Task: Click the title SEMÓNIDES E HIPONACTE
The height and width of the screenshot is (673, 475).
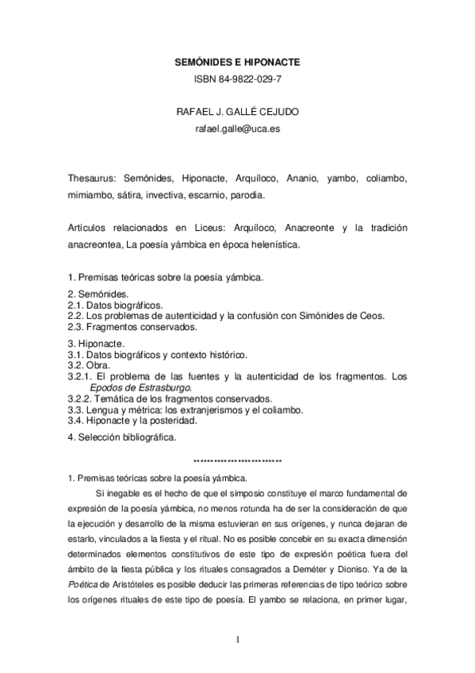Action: pyautogui.click(x=238, y=61)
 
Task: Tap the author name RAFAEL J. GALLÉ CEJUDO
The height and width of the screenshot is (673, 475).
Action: pyautogui.click(x=238, y=111)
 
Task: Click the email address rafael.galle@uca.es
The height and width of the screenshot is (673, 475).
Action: pyautogui.click(x=238, y=128)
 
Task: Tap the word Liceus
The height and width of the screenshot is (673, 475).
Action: pyautogui.click(x=207, y=229)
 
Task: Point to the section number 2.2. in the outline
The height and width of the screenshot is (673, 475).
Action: pyautogui.click(x=76, y=315)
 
